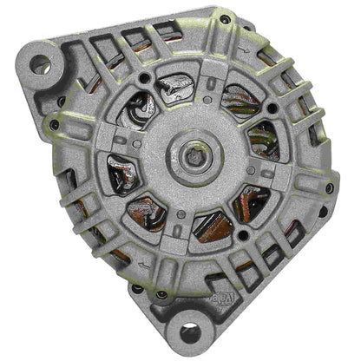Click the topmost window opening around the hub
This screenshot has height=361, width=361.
(x=176, y=86)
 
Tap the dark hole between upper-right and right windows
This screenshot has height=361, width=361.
(x=272, y=109)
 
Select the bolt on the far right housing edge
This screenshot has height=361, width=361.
(x=329, y=187)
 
